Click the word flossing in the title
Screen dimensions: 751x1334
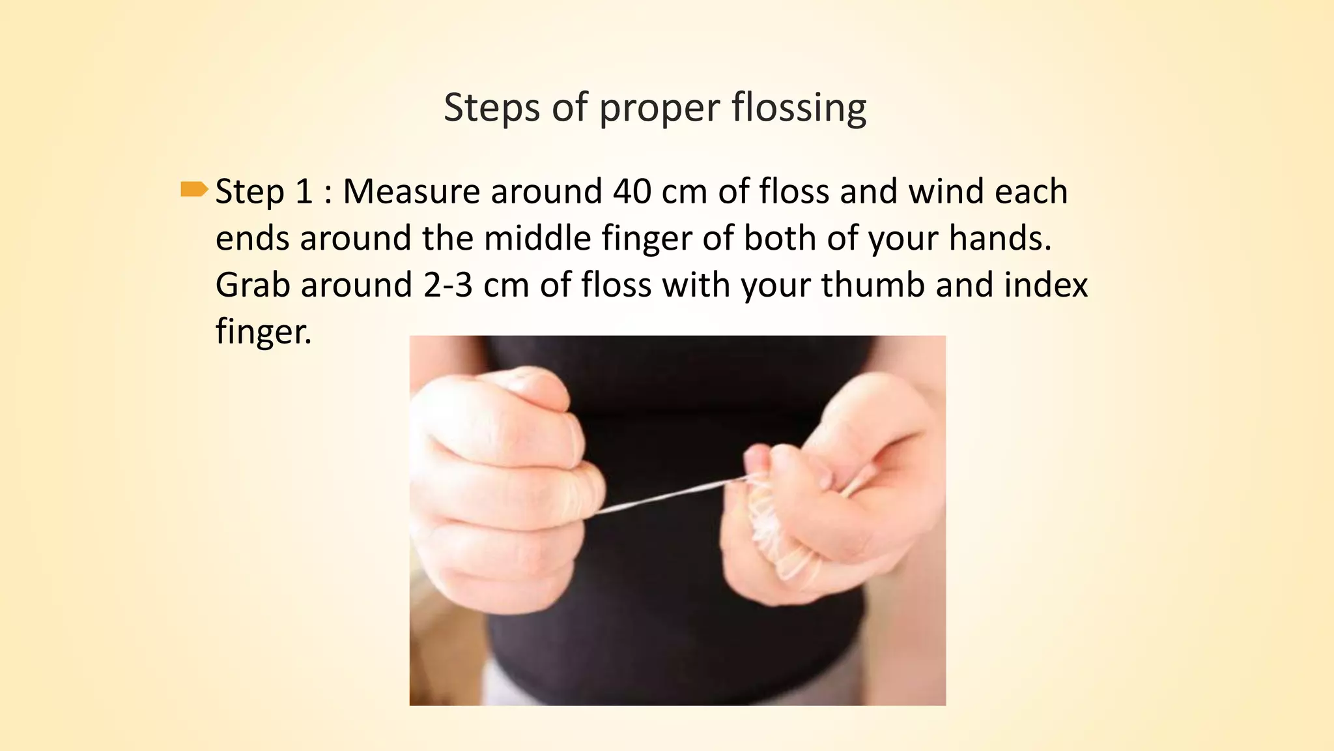click(x=799, y=108)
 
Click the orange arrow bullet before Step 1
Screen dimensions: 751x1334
click(x=193, y=190)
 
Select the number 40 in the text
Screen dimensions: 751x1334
click(x=632, y=192)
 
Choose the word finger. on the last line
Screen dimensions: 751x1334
click(x=263, y=332)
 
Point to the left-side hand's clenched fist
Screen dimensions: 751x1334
click(x=502, y=482)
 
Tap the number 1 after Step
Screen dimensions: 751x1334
click(x=304, y=192)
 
